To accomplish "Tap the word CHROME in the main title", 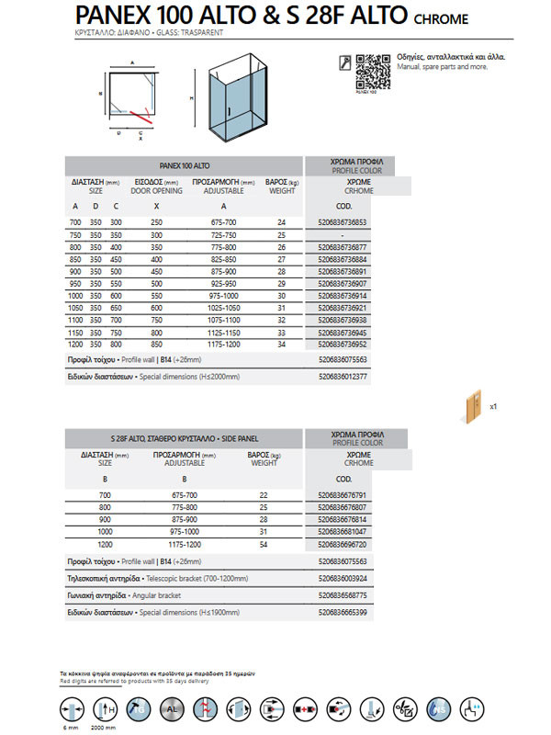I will [443, 18].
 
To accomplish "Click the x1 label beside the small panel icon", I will [494, 405].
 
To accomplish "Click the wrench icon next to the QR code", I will [343, 62].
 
